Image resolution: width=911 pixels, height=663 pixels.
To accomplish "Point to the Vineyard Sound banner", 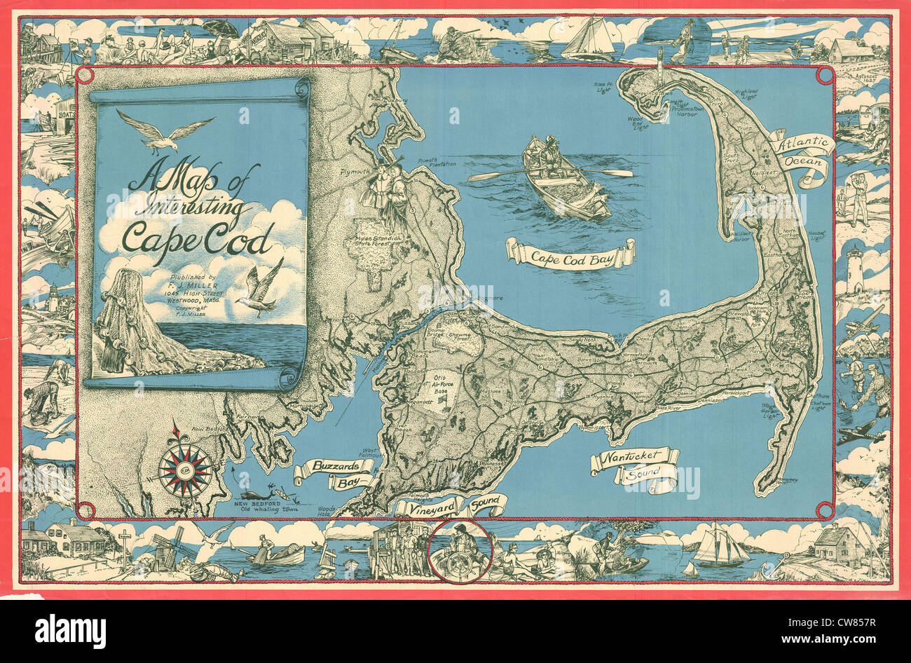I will coord(449,506).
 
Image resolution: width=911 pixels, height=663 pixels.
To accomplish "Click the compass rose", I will coord(185,468).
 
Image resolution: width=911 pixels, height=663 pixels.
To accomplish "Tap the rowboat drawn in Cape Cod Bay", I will coord(565,179).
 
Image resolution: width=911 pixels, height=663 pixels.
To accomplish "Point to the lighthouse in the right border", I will coord(855,269).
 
